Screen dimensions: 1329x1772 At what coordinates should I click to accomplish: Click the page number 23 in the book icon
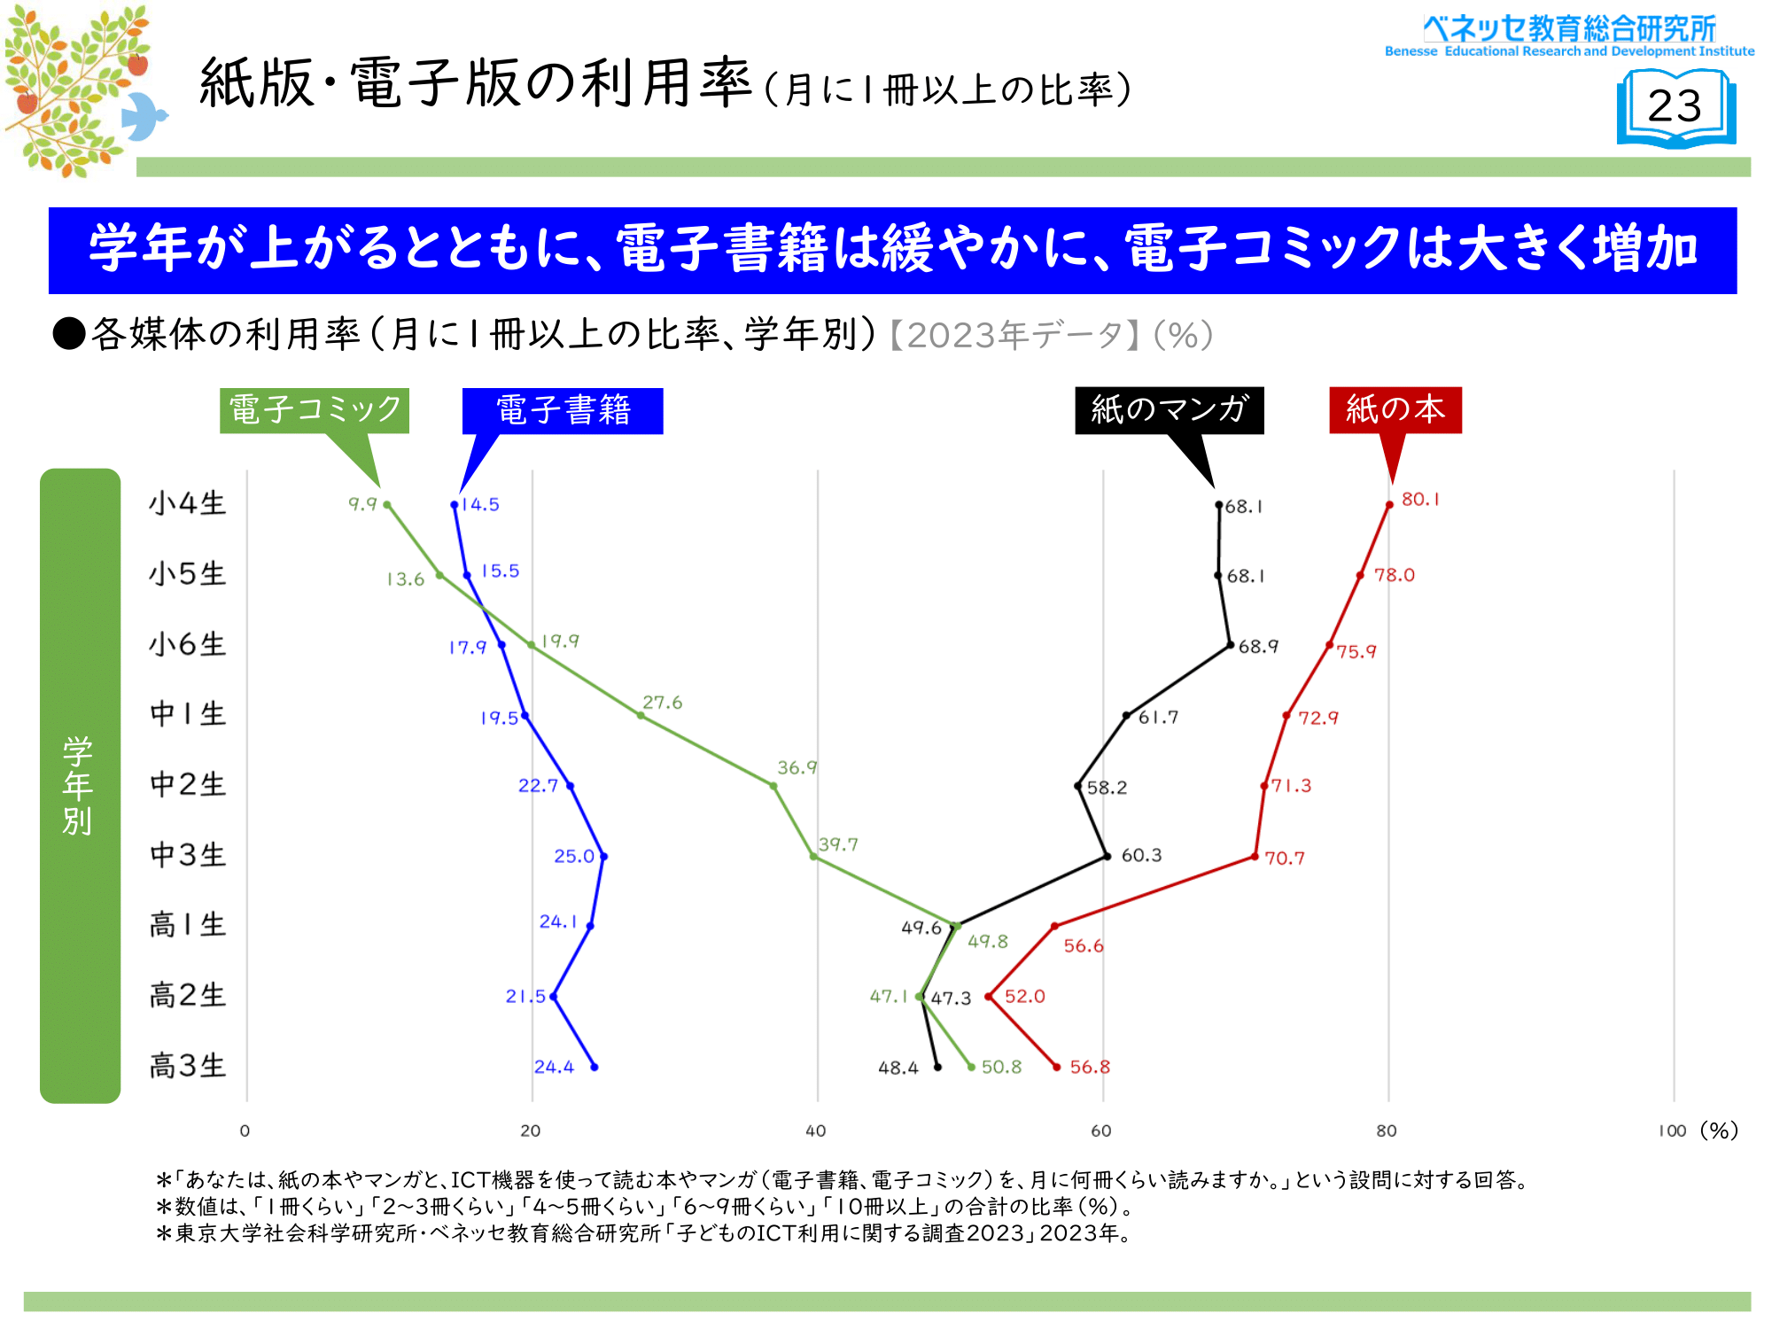(x=1675, y=106)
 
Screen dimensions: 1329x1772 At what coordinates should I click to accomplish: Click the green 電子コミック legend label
(x=315, y=410)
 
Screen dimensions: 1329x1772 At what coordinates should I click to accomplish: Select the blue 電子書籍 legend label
(x=563, y=410)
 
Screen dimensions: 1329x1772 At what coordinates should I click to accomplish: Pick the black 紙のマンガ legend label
(x=1169, y=409)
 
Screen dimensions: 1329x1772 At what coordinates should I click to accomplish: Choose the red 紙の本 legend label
(x=1395, y=409)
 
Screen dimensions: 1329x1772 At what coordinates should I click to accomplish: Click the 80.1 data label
(x=1420, y=500)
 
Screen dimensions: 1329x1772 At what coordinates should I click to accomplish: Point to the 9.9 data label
(x=362, y=504)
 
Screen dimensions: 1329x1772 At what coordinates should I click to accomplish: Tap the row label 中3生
(x=188, y=855)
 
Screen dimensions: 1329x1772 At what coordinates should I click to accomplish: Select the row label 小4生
(x=188, y=503)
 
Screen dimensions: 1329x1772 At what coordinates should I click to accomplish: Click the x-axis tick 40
(x=816, y=1131)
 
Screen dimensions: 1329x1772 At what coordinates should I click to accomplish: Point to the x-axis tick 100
(x=1673, y=1131)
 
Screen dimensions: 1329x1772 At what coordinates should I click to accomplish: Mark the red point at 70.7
(x=1255, y=857)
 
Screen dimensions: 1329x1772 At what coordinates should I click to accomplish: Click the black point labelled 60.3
(x=1107, y=856)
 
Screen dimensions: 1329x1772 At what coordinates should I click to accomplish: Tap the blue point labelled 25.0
(x=603, y=857)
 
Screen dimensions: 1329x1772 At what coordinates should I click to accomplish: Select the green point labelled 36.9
(x=773, y=786)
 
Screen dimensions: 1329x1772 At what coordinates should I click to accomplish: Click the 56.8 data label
(x=1090, y=1067)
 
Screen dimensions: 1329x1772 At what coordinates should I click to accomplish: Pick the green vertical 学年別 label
(x=78, y=785)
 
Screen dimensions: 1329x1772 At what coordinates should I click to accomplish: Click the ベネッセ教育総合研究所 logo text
(x=1569, y=29)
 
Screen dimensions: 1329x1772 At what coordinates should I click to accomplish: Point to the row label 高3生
(x=188, y=1066)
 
